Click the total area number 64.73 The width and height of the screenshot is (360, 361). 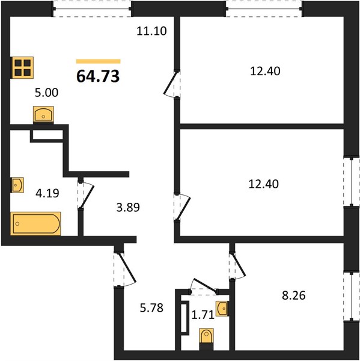pyautogui.click(x=98, y=76)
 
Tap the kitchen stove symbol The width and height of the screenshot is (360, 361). pyautogui.click(x=23, y=67)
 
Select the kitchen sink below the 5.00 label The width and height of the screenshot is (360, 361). pyautogui.click(x=43, y=114)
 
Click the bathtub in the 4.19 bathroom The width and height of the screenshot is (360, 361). pyautogui.click(x=35, y=224)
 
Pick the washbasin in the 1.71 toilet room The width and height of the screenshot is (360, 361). pyautogui.click(x=222, y=309)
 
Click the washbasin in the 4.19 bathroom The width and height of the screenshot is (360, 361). pyautogui.click(x=17, y=185)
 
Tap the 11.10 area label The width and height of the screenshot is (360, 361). pyautogui.click(x=151, y=31)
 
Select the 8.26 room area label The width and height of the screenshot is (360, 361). pyautogui.click(x=294, y=295)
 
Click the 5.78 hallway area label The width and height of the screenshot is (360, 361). pyautogui.click(x=151, y=307)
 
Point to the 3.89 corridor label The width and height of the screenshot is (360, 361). pyautogui.click(x=128, y=207)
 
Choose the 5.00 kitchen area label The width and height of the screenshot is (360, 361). pyautogui.click(x=46, y=93)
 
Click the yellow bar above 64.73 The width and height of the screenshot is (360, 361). pyautogui.click(x=99, y=61)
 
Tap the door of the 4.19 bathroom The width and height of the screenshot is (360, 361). pyautogui.click(x=85, y=195)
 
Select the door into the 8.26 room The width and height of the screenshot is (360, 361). pyautogui.click(x=237, y=267)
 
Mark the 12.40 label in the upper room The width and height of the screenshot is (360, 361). pyautogui.click(x=265, y=71)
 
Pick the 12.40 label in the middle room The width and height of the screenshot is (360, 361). pyautogui.click(x=264, y=184)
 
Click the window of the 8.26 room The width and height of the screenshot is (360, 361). pyautogui.click(x=352, y=296)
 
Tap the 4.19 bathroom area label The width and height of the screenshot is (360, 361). pyautogui.click(x=47, y=193)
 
